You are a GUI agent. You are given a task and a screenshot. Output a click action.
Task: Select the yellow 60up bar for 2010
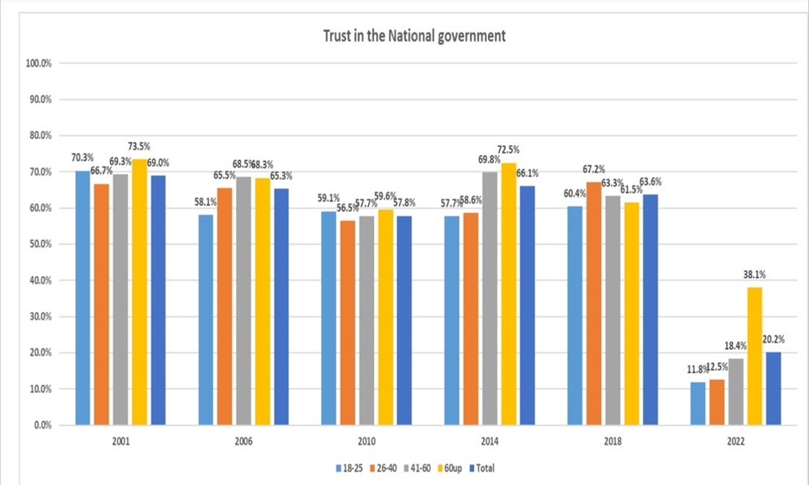tap(384, 317)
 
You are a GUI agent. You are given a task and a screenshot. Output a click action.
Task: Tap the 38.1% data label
tap(754, 274)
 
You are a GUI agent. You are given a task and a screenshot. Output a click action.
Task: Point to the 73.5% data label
tap(139, 146)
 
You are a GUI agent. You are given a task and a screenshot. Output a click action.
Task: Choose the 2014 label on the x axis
tap(491, 441)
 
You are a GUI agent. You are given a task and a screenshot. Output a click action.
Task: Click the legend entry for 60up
tap(450, 468)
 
